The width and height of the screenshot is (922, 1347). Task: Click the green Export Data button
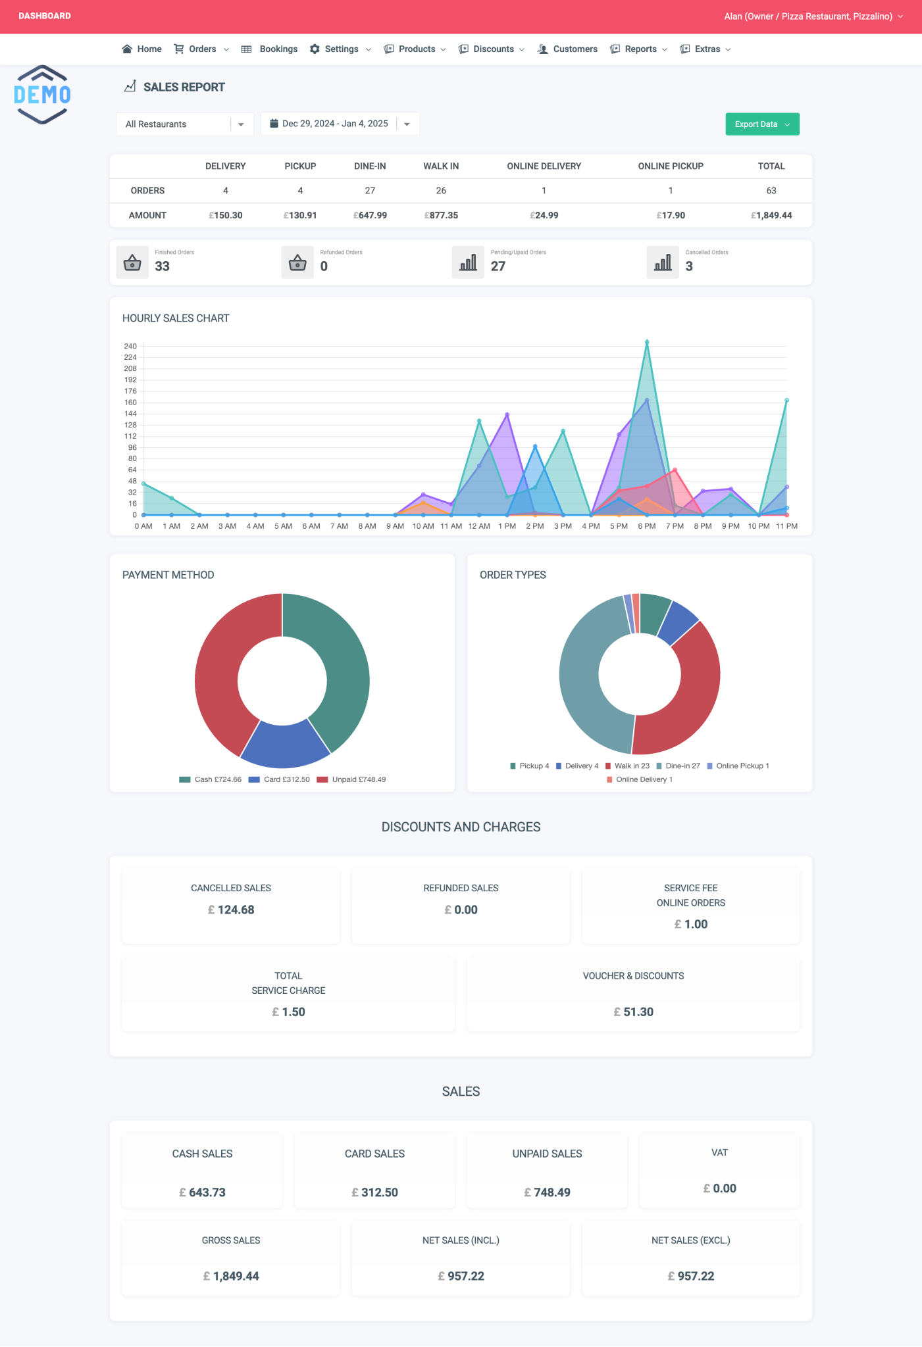(761, 124)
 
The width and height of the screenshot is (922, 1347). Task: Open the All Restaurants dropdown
(184, 124)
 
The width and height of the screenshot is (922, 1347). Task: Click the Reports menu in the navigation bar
(640, 49)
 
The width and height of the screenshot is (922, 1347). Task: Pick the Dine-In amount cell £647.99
(370, 215)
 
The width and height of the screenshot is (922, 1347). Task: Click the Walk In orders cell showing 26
(441, 191)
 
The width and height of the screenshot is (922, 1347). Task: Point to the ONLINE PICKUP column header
(670, 166)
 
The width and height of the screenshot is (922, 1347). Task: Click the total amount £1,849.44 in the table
(771, 215)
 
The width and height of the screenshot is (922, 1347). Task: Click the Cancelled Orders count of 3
(689, 266)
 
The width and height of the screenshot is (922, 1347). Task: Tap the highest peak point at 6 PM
(647, 342)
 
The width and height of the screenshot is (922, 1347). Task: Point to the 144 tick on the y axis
(130, 414)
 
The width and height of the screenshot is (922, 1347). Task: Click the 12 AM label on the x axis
(479, 526)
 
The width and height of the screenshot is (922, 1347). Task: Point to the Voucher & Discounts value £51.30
(633, 1012)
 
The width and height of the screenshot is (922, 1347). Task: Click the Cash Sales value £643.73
(202, 1192)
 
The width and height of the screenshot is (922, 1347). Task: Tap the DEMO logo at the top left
(42, 95)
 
